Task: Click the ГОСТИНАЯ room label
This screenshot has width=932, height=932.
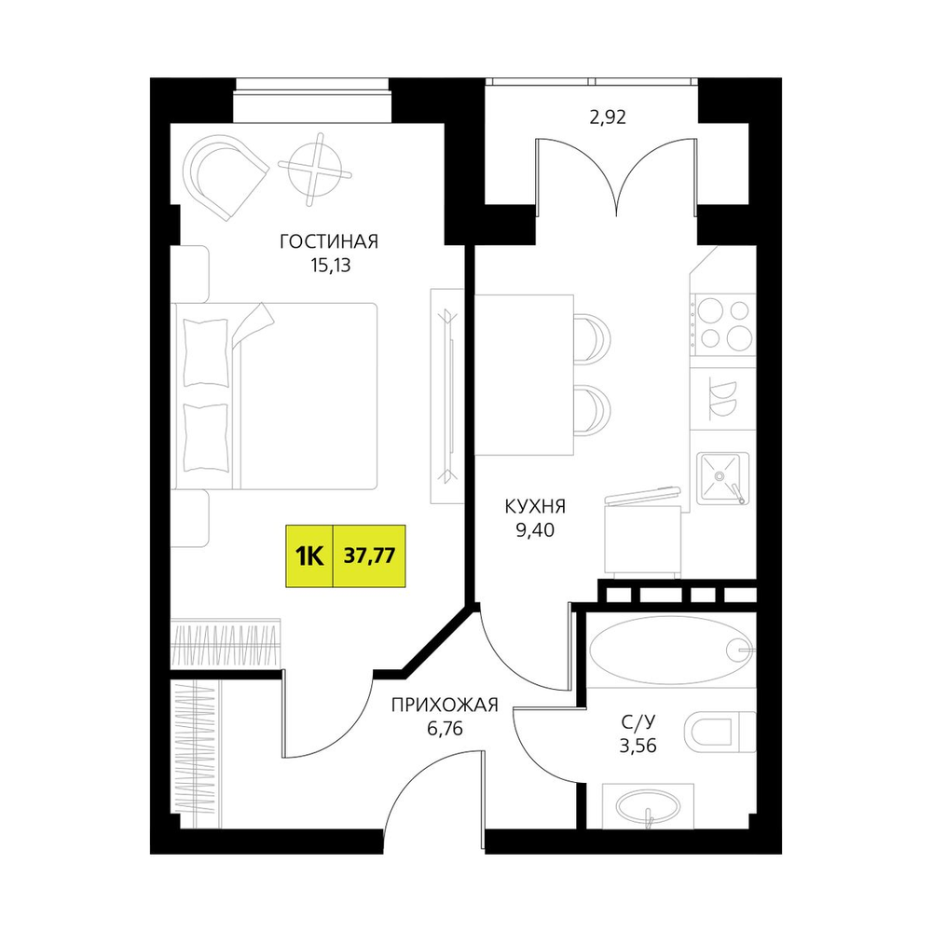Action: (x=329, y=242)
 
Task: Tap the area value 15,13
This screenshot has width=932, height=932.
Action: (x=331, y=266)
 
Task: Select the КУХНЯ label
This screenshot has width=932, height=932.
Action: (x=535, y=506)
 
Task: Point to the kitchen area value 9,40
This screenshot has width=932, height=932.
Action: (x=535, y=530)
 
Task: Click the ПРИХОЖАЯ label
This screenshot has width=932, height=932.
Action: (x=445, y=705)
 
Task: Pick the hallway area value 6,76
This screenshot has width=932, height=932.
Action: (x=445, y=729)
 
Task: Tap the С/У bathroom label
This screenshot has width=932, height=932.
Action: (x=638, y=722)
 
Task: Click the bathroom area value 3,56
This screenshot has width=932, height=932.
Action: (x=638, y=746)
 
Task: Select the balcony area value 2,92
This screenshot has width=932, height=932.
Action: (x=608, y=117)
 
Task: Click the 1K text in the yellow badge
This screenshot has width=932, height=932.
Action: (x=309, y=556)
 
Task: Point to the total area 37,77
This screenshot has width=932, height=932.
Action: (x=370, y=555)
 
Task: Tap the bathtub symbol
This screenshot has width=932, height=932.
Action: (x=671, y=651)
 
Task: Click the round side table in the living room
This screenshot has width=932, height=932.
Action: (x=314, y=169)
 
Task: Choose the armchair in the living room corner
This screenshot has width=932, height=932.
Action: (x=224, y=176)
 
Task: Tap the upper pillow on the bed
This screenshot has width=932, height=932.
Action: (x=206, y=353)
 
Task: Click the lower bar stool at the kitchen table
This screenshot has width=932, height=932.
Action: (x=592, y=410)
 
